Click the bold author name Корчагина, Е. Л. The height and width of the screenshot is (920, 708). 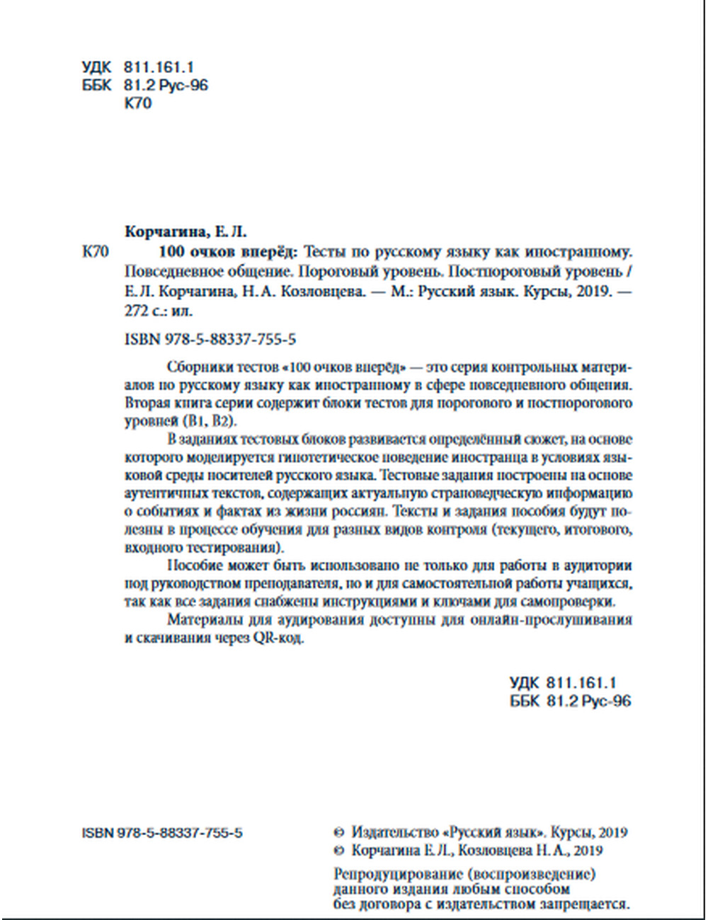click(185, 232)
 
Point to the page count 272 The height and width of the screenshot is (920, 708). click(136, 310)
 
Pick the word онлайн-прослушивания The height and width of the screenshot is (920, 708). click(549, 620)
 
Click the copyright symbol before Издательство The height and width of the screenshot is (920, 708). click(338, 833)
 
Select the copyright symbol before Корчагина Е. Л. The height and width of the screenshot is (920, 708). click(338, 851)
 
